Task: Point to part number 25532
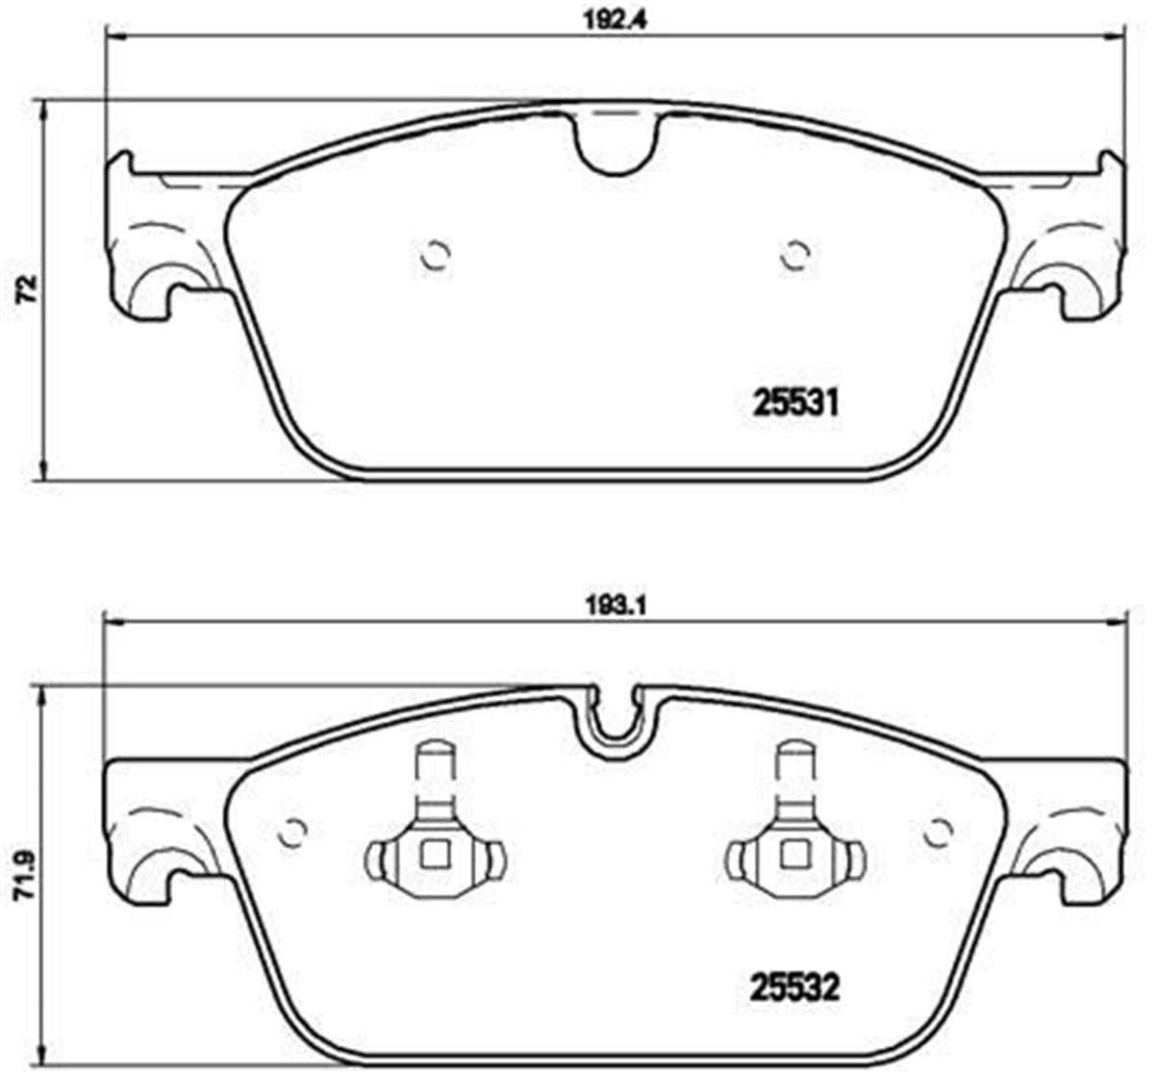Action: coord(794,987)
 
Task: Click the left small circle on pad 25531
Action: coord(437,256)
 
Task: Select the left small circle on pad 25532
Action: coord(291,834)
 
